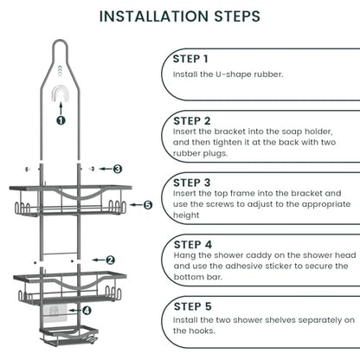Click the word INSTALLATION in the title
pyautogui.click(x=154, y=16)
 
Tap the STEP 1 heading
pyautogui.click(x=190, y=59)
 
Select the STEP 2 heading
pyautogui.click(x=192, y=121)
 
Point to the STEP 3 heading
pyautogui.click(x=192, y=183)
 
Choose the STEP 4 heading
pyautogui.click(x=193, y=245)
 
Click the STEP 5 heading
pyautogui.click(x=193, y=306)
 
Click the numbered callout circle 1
pyautogui.click(x=61, y=120)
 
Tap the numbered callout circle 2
pyautogui.click(x=110, y=260)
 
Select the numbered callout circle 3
pyautogui.click(x=117, y=169)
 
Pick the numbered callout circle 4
pyautogui.click(x=87, y=311)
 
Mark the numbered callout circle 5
pyautogui.click(x=148, y=205)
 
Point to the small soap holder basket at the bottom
pyautogui.click(x=68, y=335)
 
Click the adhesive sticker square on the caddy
pyautogui.click(x=55, y=313)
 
